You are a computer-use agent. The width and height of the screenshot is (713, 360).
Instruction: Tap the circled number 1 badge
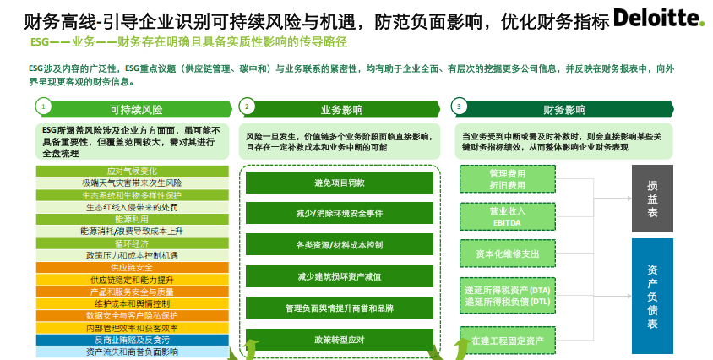(43, 106)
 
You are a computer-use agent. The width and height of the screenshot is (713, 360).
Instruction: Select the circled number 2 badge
(247, 106)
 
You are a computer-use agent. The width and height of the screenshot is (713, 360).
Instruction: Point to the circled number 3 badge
(458, 106)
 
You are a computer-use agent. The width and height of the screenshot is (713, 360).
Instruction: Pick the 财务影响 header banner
(563, 109)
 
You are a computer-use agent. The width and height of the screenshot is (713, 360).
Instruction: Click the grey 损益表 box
(652, 199)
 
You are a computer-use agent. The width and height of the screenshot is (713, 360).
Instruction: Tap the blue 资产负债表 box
(652, 295)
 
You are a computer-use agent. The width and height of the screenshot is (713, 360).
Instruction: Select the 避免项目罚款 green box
(339, 183)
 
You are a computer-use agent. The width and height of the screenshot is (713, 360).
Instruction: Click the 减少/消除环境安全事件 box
(339, 213)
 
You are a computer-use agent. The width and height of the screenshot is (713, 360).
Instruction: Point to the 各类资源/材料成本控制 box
(339, 245)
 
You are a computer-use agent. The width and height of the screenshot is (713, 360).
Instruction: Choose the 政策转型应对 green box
(339, 340)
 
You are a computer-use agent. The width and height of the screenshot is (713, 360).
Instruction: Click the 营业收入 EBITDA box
(506, 215)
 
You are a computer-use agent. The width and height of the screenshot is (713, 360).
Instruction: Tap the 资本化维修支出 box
(506, 253)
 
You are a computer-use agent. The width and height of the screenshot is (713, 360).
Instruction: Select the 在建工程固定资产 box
(506, 340)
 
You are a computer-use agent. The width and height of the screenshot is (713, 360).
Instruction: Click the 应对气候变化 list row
(132, 171)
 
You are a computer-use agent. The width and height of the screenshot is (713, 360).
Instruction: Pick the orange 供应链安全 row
(132, 267)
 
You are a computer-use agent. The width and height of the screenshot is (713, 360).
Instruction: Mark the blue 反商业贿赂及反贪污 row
(132, 340)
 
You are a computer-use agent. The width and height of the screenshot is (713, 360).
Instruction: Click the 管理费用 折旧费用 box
(506, 178)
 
